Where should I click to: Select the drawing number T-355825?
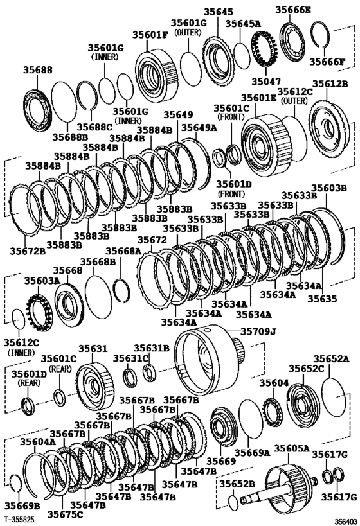click(20, 518)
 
